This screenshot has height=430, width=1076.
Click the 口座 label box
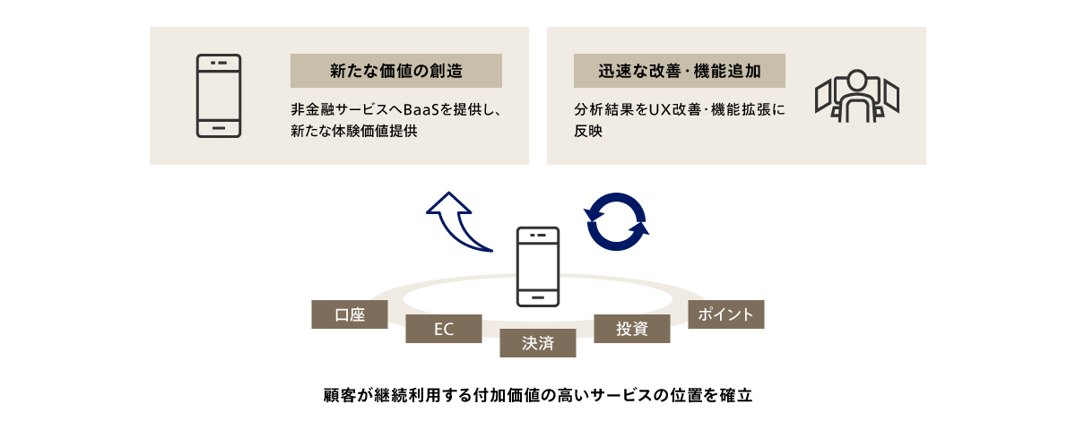coord(350,314)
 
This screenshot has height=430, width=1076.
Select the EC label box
coord(444,329)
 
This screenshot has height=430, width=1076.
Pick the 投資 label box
coord(632,329)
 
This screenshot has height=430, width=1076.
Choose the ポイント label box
coord(726,314)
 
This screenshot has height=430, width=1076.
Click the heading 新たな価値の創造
coord(395,71)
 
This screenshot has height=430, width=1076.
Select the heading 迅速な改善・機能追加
coord(679,71)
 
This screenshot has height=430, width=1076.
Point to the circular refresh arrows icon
coord(617,221)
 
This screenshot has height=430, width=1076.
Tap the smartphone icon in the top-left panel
coord(219,96)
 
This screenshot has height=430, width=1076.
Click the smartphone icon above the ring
coord(538,267)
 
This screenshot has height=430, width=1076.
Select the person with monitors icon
coord(856,95)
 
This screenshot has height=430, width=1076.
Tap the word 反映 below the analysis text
coord(588,131)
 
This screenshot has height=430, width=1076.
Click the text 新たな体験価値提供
coord(355,131)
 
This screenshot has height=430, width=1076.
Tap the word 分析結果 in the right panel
coord(603,111)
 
